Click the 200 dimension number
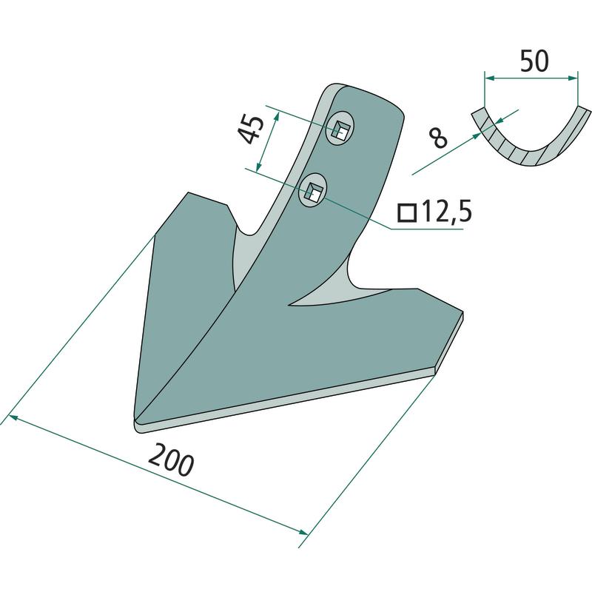[171, 460]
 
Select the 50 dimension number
[534, 61]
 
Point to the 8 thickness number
[439, 138]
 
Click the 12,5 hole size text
[446, 212]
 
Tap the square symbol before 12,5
[407, 213]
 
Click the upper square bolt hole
[342, 129]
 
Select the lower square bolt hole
[313, 190]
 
